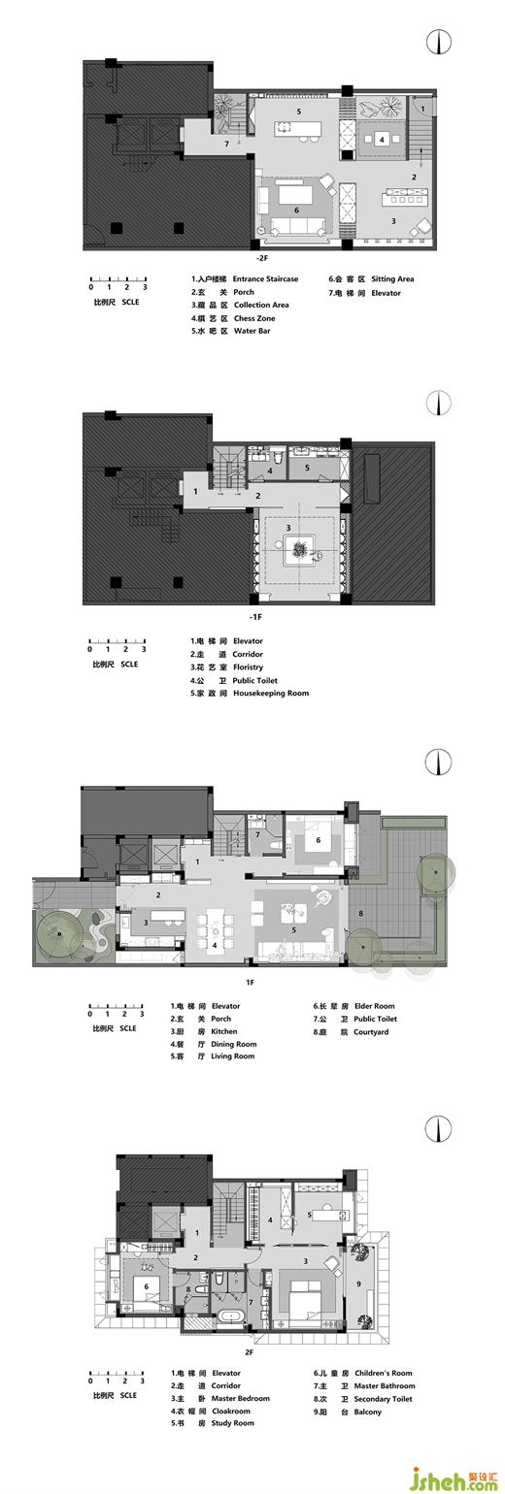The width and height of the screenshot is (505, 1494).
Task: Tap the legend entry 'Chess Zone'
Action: tap(254, 318)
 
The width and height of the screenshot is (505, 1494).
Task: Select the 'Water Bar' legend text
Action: tap(252, 331)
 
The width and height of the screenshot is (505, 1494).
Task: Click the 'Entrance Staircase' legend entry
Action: tap(265, 278)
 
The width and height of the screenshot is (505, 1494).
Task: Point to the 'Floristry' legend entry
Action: tap(248, 667)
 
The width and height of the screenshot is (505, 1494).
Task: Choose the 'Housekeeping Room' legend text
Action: tap(271, 693)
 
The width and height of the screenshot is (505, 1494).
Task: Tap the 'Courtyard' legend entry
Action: tap(371, 1032)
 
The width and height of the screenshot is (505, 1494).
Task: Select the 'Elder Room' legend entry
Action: tap(374, 1006)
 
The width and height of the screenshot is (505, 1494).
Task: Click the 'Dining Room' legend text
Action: tap(234, 1045)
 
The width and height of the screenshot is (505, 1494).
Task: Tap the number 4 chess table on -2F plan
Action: tap(382, 140)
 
